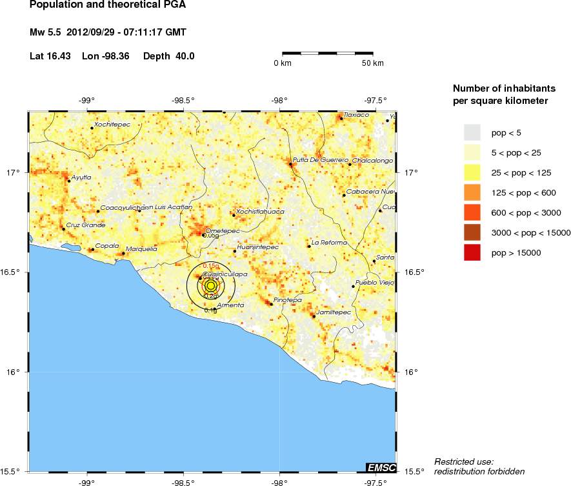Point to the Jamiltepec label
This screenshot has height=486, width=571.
click(x=333, y=312)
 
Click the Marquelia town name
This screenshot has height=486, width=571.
click(x=141, y=248)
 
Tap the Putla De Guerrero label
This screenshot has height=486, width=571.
click(x=321, y=159)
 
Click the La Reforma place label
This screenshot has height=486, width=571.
click(x=330, y=242)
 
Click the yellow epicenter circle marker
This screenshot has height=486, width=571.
click(x=210, y=286)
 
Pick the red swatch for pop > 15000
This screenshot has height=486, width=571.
click(x=472, y=252)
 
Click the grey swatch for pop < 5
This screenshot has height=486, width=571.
click(x=472, y=132)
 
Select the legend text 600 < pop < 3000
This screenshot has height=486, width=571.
click(x=526, y=212)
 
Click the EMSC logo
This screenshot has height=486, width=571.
click(x=381, y=467)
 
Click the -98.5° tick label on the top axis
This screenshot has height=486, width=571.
click(x=183, y=100)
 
